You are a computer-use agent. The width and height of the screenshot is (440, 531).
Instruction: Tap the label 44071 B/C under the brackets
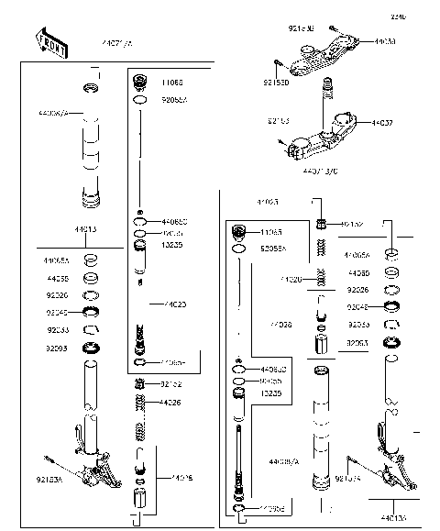tap(322, 171)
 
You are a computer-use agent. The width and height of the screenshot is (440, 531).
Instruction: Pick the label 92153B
tap(302, 30)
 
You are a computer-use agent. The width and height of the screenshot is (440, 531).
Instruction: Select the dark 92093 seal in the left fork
tap(92, 348)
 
